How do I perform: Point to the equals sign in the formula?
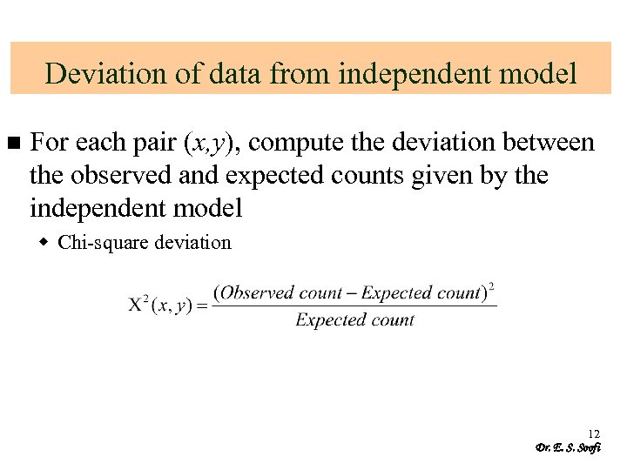[201, 305]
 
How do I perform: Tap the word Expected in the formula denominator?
[327, 319]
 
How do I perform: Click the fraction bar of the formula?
[354, 305]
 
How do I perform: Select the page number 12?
[594, 433]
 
